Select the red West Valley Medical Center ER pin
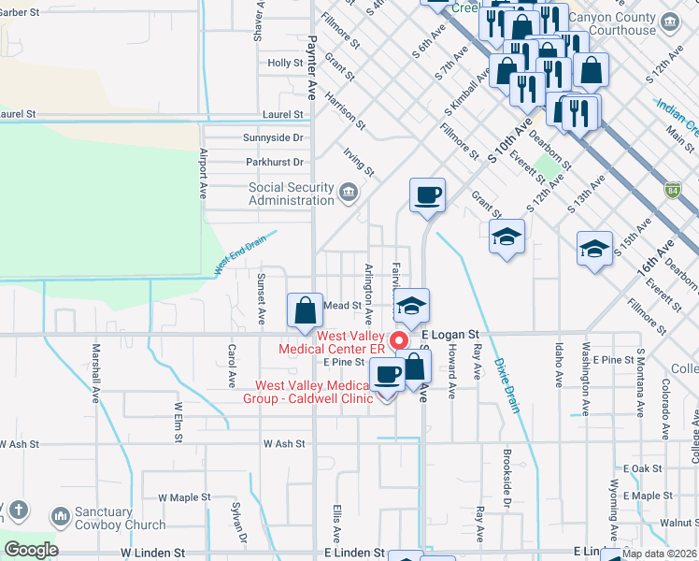click(400, 341)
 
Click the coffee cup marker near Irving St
click(427, 194)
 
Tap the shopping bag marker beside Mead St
click(305, 309)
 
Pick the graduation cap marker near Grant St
click(507, 237)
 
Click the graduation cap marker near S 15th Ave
click(594, 249)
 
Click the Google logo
click(30, 550)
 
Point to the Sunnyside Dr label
click(274, 137)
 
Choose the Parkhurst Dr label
click(275, 162)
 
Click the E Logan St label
click(449, 334)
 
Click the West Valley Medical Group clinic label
click(314, 392)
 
